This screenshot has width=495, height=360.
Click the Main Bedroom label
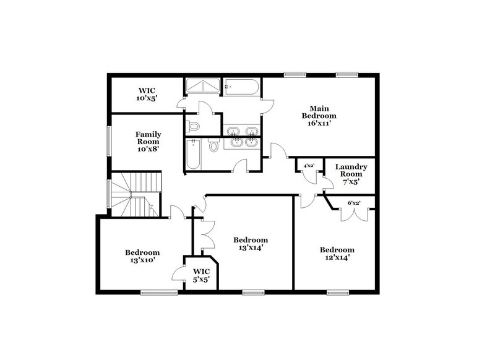click(x=319, y=116)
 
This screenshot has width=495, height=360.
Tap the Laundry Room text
click(x=351, y=174)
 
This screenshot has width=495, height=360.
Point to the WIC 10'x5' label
click(x=147, y=93)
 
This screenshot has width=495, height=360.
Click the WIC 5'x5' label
click(x=201, y=275)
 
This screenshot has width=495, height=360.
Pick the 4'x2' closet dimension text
click(x=308, y=166)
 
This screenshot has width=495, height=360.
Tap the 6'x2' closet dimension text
click(x=354, y=203)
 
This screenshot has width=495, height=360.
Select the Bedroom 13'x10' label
click(x=142, y=256)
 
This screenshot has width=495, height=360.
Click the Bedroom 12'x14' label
click(x=337, y=254)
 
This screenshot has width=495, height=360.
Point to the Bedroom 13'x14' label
click(x=251, y=244)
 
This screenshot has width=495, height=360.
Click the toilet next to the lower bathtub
click(x=214, y=147)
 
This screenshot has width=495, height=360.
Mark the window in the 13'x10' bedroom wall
click(x=150, y=292)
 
